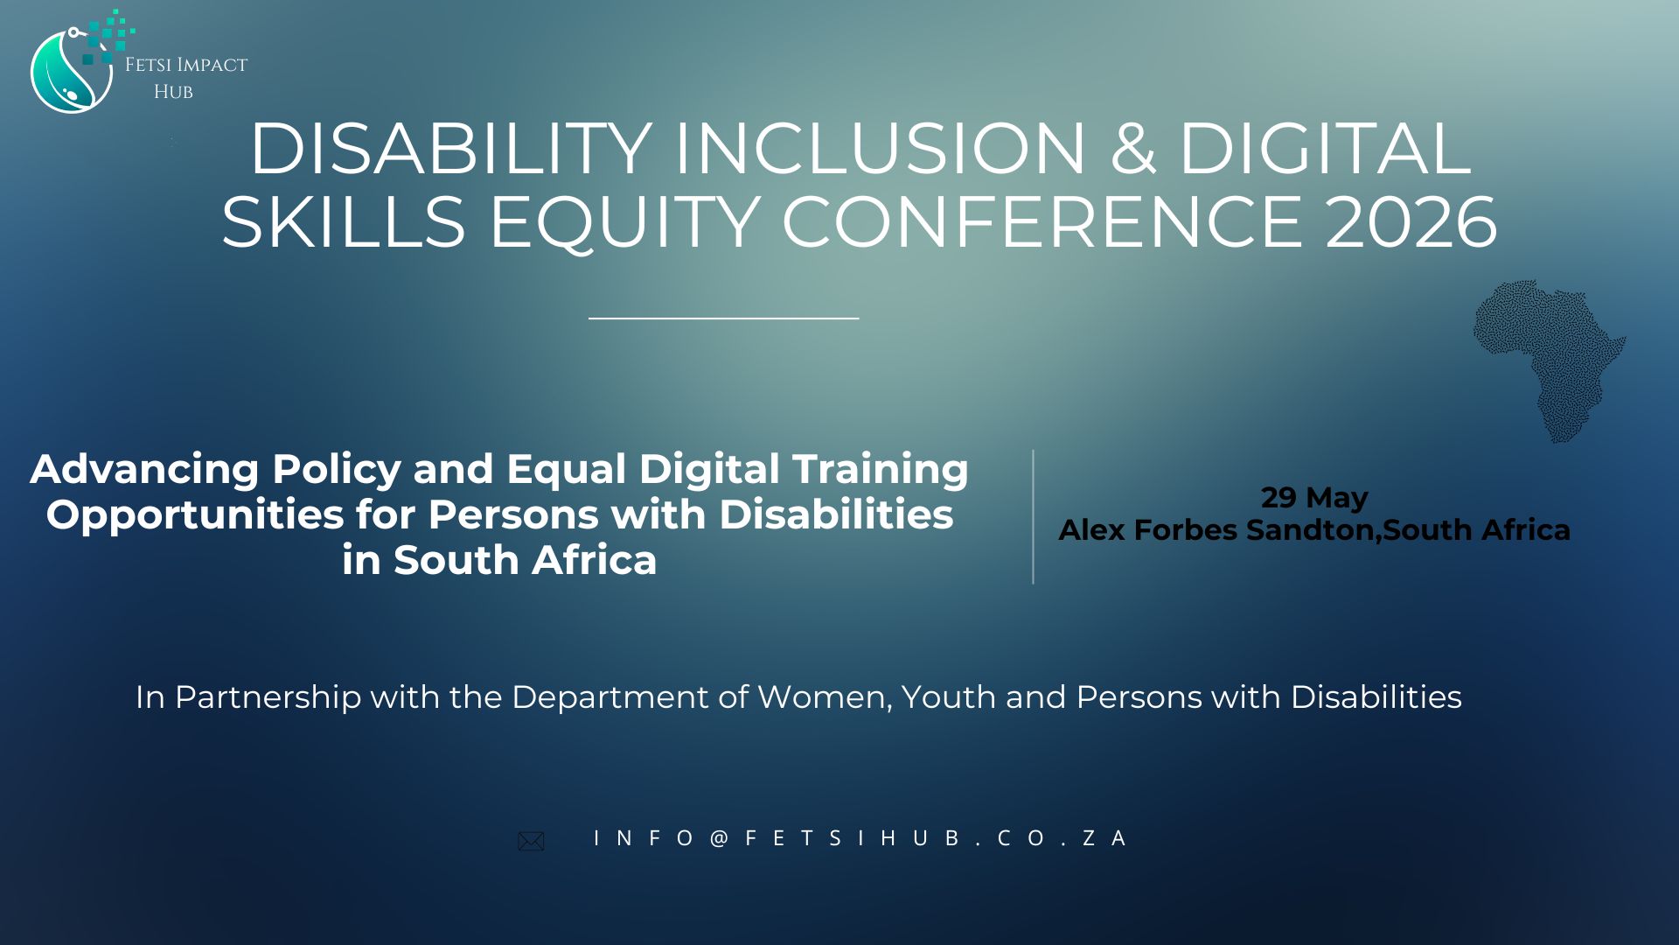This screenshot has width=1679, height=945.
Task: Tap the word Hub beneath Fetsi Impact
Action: [173, 92]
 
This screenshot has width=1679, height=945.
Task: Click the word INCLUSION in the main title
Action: [879, 149]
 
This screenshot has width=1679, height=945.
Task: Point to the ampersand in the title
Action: [1132, 149]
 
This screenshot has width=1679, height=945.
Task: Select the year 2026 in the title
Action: [1411, 222]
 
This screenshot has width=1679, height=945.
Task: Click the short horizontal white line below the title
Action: [724, 318]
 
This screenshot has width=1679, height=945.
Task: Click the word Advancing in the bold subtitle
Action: [144, 470]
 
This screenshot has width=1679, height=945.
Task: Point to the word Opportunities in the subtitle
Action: [195, 515]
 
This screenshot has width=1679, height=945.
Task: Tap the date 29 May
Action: [1314, 498]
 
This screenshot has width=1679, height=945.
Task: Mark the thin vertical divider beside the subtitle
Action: [1033, 517]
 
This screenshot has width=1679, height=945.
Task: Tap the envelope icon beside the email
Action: [531, 841]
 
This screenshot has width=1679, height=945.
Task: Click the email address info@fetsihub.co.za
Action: [860, 838]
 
